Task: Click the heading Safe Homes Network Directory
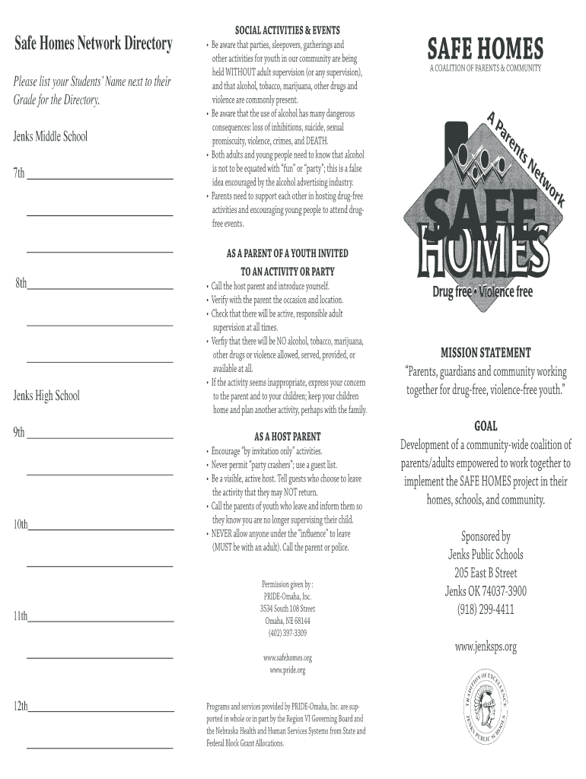tap(94, 44)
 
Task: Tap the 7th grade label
tap(19, 173)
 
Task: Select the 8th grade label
tap(21, 284)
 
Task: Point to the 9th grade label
tap(19, 432)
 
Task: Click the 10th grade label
tap(21, 524)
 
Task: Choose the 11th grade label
tap(21, 616)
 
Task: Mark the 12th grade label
tap(21, 707)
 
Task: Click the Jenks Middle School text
tap(50, 137)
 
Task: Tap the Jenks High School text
tap(46, 396)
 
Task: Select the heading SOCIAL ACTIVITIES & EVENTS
tap(287, 30)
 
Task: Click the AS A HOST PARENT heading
tap(287, 437)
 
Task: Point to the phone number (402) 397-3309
tap(287, 633)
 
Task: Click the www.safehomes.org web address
tap(287, 657)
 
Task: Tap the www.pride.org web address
tap(287, 670)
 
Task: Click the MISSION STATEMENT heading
tap(486, 353)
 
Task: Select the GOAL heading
tap(486, 427)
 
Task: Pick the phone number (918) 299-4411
tap(486, 609)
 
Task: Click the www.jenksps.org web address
tap(486, 647)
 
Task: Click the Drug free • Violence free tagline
tap(482, 292)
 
